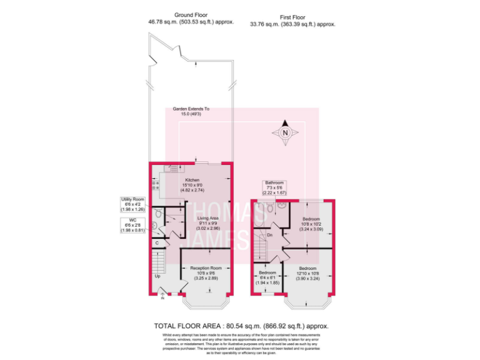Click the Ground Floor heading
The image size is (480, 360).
coord(191,14)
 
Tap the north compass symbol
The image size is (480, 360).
coord(285,133)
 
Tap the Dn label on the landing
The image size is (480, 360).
coord(269,234)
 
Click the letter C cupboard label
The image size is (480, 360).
coord(157,243)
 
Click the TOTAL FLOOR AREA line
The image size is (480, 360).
coord(241,326)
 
